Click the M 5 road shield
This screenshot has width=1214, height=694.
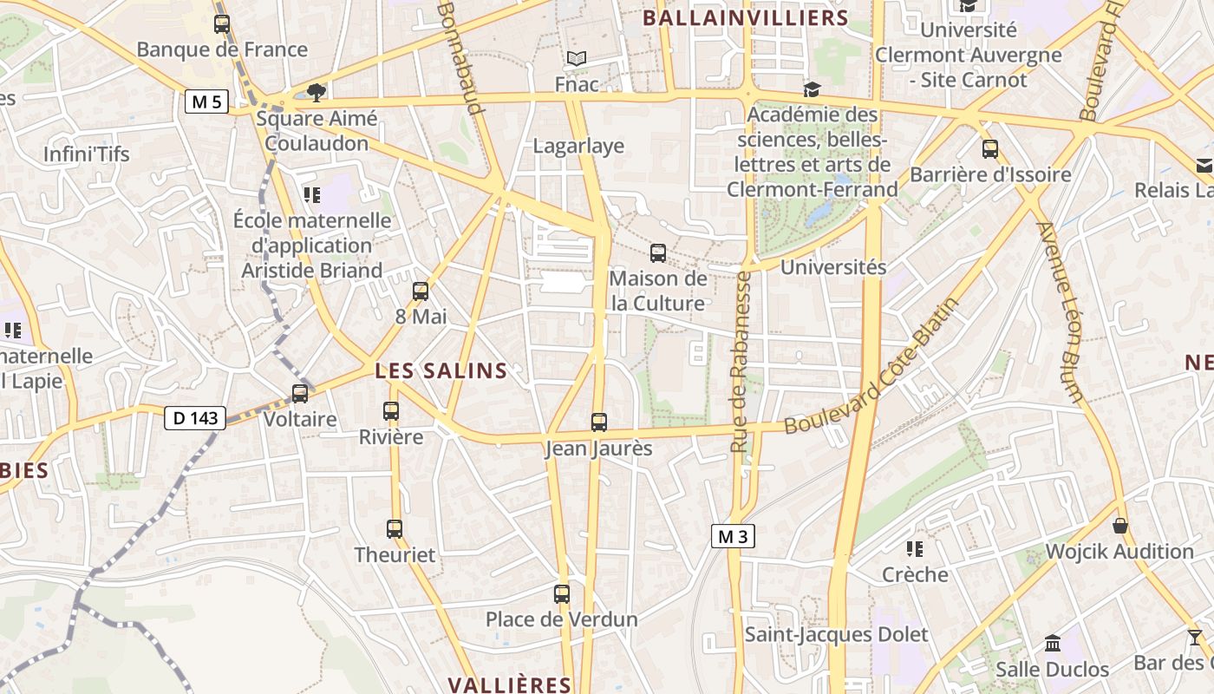[x=206, y=101]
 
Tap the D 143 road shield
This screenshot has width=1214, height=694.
[x=195, y=418]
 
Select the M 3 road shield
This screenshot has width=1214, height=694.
[x=733, y=536]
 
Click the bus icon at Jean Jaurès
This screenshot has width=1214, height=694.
[x=599, y=422]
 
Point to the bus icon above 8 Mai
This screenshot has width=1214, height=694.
[x=421, y=291]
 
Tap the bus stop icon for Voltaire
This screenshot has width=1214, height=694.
[x=300, y=393]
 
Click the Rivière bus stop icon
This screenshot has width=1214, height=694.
[x=391, y=411]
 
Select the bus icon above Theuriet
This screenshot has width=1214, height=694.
[x=395, y=528]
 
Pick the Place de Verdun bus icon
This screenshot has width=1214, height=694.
[x=562, y=594]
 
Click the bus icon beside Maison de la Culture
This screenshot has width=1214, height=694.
[x=658, y=253]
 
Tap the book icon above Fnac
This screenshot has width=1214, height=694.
[x=577, y=59]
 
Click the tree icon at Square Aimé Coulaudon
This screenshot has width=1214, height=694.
[x=317, y=92]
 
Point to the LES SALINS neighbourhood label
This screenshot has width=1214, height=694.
[x=441, y=371]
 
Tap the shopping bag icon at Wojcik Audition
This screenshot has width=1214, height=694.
[x=1120, y=526]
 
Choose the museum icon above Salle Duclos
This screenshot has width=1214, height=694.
[x=1053, y=644]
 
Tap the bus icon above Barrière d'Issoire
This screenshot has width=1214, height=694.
[x=990, y=149]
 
